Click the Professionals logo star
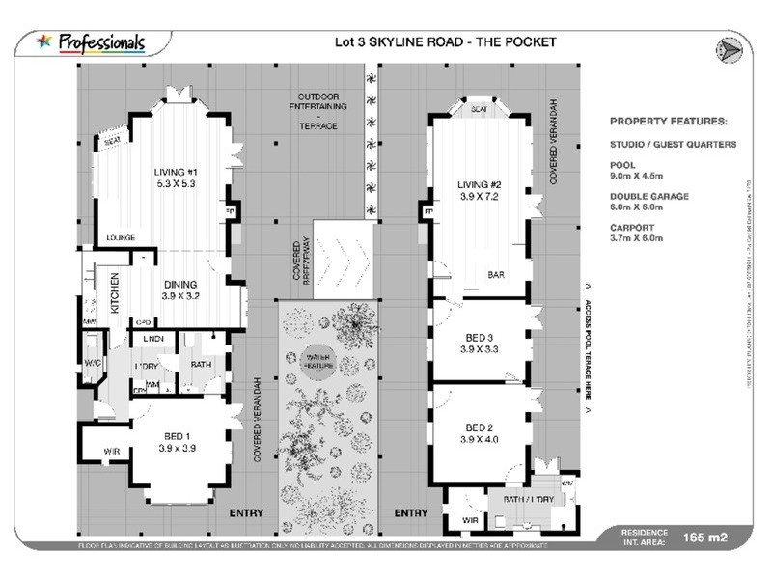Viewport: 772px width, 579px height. click(x=44, y=41)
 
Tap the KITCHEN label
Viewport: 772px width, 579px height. click(x=115, y=292)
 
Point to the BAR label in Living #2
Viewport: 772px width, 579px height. click(x=497, y=274)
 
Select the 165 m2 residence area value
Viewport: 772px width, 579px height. click(x=704, y=537)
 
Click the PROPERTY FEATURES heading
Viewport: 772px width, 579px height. click(x=668, y=122)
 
